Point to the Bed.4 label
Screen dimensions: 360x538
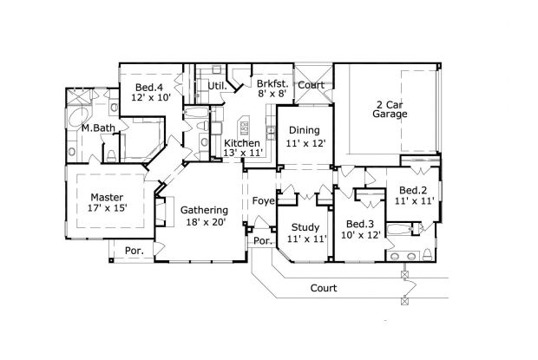[149, 87]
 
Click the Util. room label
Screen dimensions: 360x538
[217, 87]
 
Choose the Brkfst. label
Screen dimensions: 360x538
[272, 84]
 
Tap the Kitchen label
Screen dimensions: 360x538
[241, 142]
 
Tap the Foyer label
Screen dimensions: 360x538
[263, 201]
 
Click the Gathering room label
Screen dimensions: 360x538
[204, 210]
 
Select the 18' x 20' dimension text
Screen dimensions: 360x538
[204, 222]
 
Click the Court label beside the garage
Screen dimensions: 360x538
[312, 85]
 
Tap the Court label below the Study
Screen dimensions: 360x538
[323, 288]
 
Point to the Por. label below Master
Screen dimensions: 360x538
[134, 251]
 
